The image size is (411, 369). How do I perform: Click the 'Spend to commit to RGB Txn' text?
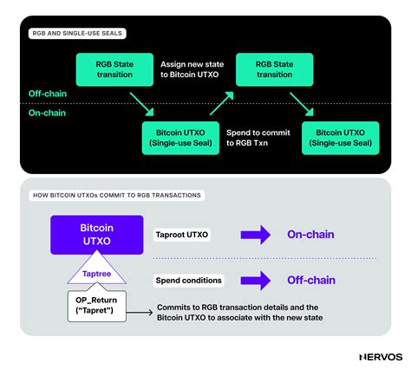[x=258, y=137]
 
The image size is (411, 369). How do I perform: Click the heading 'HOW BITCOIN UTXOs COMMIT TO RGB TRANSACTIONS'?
[x=117, y=195]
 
